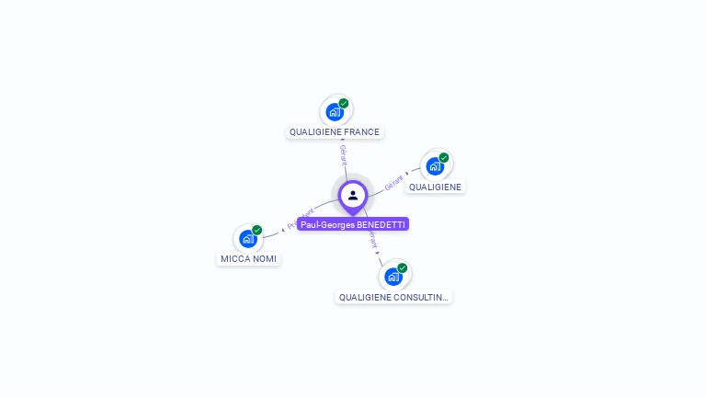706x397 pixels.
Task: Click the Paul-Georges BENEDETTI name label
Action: click(x=352, y=224)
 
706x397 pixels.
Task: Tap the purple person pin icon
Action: click(x=353, y=196)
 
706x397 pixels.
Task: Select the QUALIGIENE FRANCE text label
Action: click(x=335, y=132)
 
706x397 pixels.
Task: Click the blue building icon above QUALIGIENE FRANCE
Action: click(x=335, y=112)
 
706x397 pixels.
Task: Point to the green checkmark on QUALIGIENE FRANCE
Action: click(x=344, y=103)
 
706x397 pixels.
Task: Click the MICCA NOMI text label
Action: click(x=248, y=259)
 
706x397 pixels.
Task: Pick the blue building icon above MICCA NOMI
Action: click(x=247, y=239)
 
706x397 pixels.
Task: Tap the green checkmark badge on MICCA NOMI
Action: click(x=257, y=230)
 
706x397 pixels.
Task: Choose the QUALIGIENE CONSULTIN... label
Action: click(x=393, y=298)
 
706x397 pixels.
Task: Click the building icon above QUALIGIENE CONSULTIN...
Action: click(x=393, y=277)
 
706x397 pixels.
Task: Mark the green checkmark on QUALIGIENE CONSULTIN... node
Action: click(x=403, y=267)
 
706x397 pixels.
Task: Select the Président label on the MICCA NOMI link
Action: click(x=301, y=219)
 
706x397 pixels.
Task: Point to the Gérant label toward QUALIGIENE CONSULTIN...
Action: click(x=372, y=239)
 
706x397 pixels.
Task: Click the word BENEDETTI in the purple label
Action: click(x=381, y=224)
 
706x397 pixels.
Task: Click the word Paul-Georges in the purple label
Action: click(x=326, y=224)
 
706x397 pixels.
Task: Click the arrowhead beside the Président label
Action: click(x=284, y=229)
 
